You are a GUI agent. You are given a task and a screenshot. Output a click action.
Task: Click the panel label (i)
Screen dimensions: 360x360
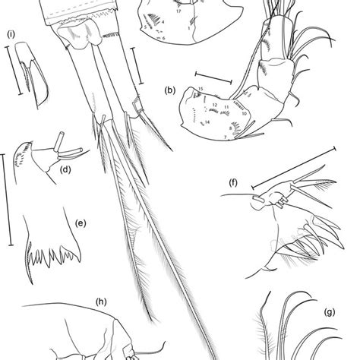pyautogui.click(x=12, y=33)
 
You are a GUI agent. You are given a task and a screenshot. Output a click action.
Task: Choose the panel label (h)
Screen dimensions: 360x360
pyautogui.click(x=99, y=302)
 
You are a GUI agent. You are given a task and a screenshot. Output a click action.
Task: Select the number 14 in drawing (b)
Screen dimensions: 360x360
pyautogui.click(x=207, y=122)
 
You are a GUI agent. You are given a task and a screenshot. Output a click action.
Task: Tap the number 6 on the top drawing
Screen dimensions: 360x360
pyautogui.click(x=166, y=36)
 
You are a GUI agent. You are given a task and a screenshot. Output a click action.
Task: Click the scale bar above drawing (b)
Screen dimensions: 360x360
pyautogui.click(x=213, y=75)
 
